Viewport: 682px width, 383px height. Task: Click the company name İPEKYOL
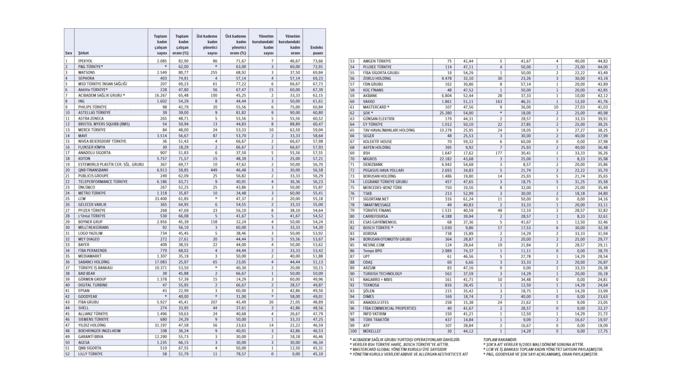pyautogui.click(x=85, y=61)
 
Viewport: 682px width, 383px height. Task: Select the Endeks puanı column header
pyautogui.click(x=316, y=50)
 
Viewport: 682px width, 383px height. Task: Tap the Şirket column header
pyautogui.click(x=83, y=53)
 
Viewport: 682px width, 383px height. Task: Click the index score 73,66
pyautogui.click(x=318, y=61)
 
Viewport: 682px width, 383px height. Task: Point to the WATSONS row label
pyautogui.click(x=87, y=72)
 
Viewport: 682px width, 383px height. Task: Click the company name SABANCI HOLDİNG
pyautogui.click(x=94, y=262)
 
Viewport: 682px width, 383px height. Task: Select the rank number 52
pyautogui.click(x=67, y=354)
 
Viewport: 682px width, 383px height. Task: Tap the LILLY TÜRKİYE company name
pyautogui.click(x=91, y=354)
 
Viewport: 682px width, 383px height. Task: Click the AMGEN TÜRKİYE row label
pyautogui.click(x=377, y=61)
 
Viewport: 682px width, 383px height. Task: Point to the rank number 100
pyautogui.click(x=353, y=331)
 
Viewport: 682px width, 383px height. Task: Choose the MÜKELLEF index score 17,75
pyautogui.click(x=602, y=331)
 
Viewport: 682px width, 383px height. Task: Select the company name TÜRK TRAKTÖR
pyautogui.click(x=376, y=320)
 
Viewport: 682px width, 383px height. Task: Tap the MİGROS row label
pyautogui.click(x=370, y=159)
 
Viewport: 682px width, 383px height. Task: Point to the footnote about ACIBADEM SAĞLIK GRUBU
pyautogui.click(x=405, y=339)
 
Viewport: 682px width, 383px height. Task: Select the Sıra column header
pyautogui.click(x=69, y=53)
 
